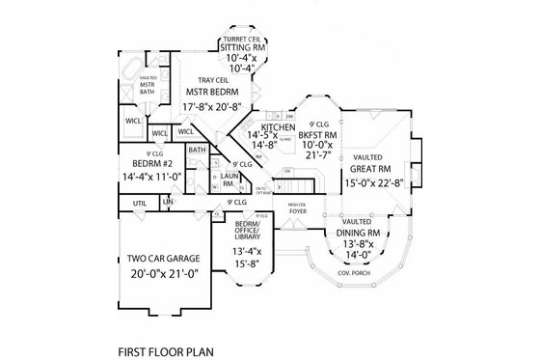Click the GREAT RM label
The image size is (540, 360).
point(371,170)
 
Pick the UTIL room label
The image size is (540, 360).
point(140,203)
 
